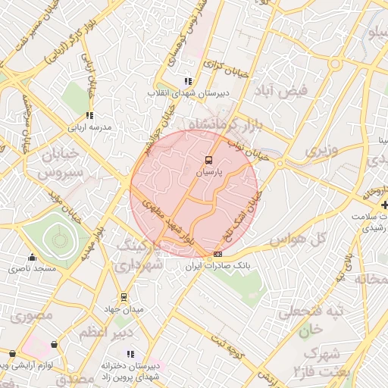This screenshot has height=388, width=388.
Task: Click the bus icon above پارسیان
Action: pyautogui.click(x=208, y=160)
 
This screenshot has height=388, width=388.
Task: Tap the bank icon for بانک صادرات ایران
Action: pyautogui.click(x=218, y=254)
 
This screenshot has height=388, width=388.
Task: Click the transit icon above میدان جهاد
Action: pyautogui.click(x=124, y=296)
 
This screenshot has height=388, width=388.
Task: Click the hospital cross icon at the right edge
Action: pyautogui.click(x=384, y=205)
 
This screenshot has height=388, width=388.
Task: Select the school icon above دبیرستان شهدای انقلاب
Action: pyautogui.click(x=187, y=81)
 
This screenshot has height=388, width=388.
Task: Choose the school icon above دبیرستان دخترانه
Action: pyautogui.click(x=131, y=353)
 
